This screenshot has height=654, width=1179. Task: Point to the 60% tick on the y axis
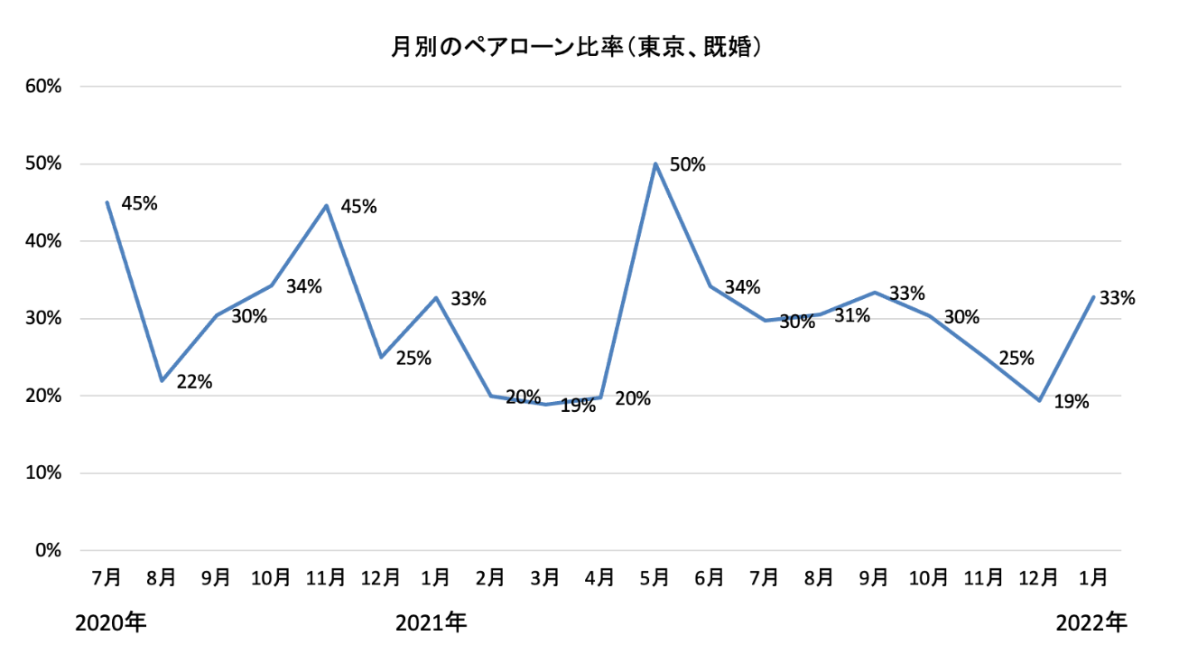click(x=43, y=87)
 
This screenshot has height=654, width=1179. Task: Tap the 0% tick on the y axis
click(x=48, y=550)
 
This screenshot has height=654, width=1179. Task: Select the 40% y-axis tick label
click(x=43, y=241)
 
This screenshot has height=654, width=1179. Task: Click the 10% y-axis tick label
click(x=43, y=473)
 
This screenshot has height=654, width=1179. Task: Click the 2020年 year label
click(x=111, y=622)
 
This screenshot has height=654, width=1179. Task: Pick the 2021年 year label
click(x=432, y=622)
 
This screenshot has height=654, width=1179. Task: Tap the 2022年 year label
click(x=1092, y=622)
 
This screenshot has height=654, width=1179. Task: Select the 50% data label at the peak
click(x=688, y=165)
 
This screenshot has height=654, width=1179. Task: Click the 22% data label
click(x=194, y=382)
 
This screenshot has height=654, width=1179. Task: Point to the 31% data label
click(x=852, y=315)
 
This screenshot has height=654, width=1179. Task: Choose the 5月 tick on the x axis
click(x=655, y=576)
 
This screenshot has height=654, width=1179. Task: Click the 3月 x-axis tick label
click(x=545, y=576)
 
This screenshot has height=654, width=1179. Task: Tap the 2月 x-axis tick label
click(x=490, y=576)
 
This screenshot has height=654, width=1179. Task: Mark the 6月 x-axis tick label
click(x=710, y=576)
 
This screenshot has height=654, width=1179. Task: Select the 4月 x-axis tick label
click(x=600, y=576)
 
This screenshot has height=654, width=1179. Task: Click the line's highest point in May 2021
click(x=655, y=163)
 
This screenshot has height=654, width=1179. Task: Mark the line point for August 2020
click(x=162, y=380)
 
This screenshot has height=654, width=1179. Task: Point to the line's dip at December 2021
click(x=1039, y=400)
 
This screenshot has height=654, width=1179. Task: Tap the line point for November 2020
click(x=326, y=205)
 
